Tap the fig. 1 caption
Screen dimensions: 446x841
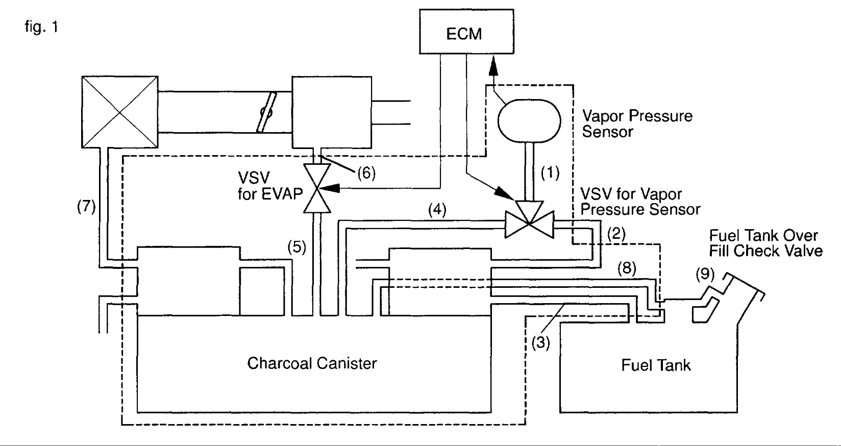[41, 27]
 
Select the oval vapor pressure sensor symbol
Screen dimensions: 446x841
[529, 120]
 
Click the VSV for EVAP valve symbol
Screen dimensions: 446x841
[317, 188]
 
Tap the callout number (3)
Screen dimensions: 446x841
[541, 343]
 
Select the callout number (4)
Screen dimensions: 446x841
[437, 210]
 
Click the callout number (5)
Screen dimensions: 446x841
[296, 247]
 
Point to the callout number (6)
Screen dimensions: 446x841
[366, 173]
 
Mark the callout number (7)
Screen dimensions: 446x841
[86, 207]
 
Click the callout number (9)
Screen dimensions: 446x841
[705, 274]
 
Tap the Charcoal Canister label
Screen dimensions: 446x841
[312, 363]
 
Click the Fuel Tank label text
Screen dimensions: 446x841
[656, 365]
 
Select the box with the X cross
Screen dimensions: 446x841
[120, 112]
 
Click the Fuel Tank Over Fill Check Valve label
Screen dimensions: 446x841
[765, 243]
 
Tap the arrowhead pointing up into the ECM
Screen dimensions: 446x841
[493, 64]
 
